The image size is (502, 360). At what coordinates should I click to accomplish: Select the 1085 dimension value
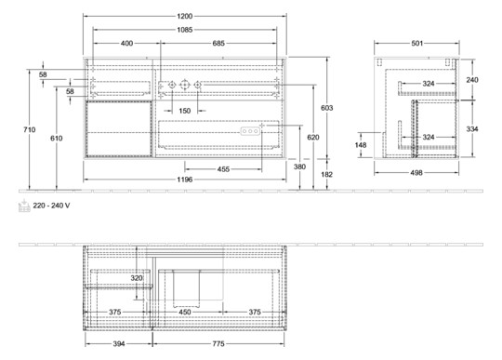click(x=186, y=31)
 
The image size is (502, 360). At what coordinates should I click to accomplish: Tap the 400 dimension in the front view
click(x=125, y=44)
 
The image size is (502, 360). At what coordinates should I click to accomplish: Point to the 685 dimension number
click(x=219, y=44)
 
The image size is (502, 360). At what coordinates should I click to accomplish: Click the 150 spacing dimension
click(x=185, y=111)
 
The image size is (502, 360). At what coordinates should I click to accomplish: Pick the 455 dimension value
click(x=224, y=169)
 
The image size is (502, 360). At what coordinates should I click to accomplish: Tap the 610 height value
click(x=59, y=137)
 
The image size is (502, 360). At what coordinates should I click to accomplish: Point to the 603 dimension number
click(x=326, y=109)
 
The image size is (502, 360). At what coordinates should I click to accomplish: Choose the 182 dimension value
click(x=326, y=175)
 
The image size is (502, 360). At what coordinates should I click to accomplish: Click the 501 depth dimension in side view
click(x=418, y=44)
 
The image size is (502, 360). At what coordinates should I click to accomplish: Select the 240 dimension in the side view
click(x=473, y=81)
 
